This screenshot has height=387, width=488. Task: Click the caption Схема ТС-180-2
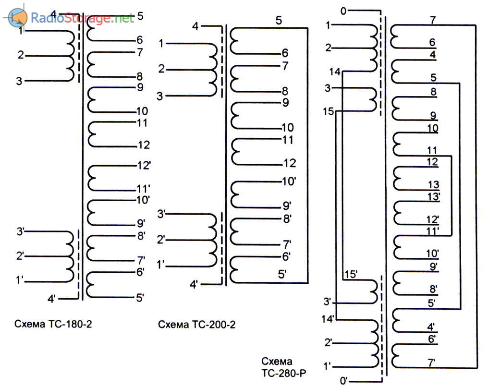pyautogui.click(x=53, y=324)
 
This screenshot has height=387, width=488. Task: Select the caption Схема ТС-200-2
pyautogui.click(x=197, y=325)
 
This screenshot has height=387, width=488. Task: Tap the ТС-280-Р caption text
pyautogui.click(x=283, y=373)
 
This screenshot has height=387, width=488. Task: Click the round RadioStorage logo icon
pyautogui.click(x=17, y=17)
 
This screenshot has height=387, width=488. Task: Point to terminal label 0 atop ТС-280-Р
pyautogui.click(x=343, y=11)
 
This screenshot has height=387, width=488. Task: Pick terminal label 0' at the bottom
pyautogui.click(x=343, y=380)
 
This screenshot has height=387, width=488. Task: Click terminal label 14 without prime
pyautogui.click(x=335, y=72)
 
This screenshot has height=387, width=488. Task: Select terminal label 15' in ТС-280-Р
pyautogui.click(x=351, y=274)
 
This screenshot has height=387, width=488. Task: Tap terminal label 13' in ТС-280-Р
pyautogui.click(x=434, y=196)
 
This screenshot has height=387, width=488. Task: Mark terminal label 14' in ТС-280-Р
pyautogui.click(x=328, y=319)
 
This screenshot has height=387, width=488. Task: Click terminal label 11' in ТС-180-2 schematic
pyautogui.click(x=144, y=189)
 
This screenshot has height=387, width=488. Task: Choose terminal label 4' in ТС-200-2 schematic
pyautogui.click(x=194, y=284)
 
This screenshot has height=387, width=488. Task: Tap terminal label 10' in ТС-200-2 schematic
pyautogui.click(x=289, y=181)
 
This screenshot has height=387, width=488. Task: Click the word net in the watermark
pyautogui.click(x=124, y=18)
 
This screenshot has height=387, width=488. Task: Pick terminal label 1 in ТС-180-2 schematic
pyautogui.click(x=21, y=31)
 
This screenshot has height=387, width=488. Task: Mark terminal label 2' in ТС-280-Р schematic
pyautogui.click(x=329, y=342)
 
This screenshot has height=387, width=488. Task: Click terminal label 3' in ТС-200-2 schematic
pyautogui.click(x=161, y=214)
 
